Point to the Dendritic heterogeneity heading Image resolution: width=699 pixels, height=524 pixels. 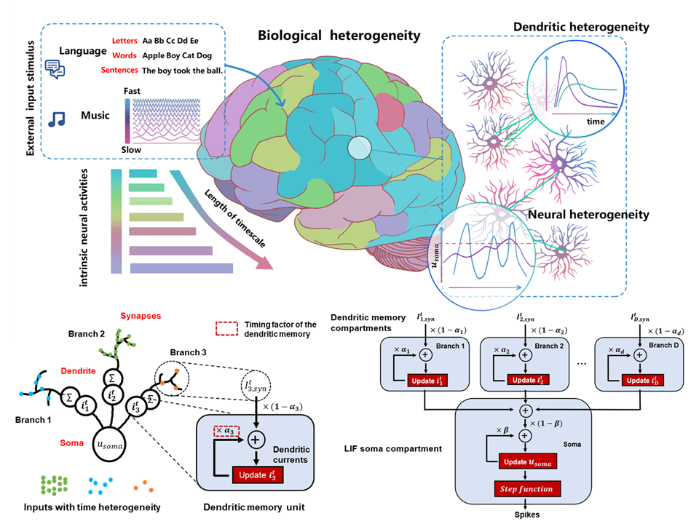[581, 27]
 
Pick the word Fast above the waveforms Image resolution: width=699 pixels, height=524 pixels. [132, 90]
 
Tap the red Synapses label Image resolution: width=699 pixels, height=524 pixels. [140, 316]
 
